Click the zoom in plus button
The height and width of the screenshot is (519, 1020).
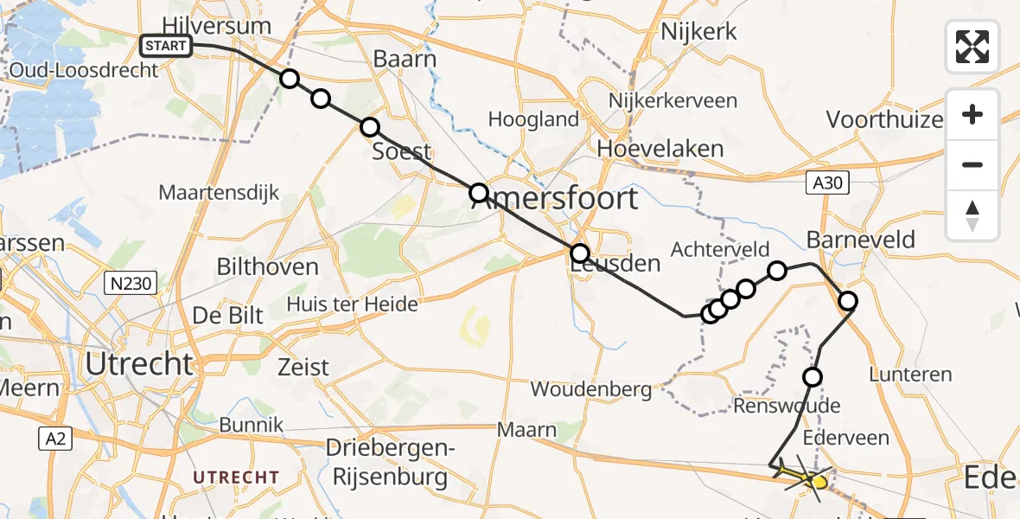(x=972, y=115)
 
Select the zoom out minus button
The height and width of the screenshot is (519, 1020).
(x=972, y=164)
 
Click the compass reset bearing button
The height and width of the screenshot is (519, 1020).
(x=972, y=215)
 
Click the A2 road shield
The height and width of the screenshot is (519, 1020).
(x=55, y=439)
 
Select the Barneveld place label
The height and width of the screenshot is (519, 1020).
(x=860, y=240)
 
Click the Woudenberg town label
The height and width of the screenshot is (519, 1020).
(x=591, y=389)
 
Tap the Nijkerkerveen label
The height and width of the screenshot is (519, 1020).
(x=673, y=100)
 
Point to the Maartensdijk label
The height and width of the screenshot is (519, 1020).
(x=219, y=192)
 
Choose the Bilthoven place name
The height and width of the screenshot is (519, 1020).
(x=267, y=266)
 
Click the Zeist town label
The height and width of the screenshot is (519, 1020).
(x=303, y=367)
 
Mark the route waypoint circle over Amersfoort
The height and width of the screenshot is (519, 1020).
(x=479, y=193)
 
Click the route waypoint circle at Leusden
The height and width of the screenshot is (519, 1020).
(x=580, y=253)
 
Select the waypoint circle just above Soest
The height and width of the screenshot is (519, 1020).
(x=370, y=127)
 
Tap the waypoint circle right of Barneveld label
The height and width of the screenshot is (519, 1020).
(x=848, y=301)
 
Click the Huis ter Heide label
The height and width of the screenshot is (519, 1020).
(x=352, y=304)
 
